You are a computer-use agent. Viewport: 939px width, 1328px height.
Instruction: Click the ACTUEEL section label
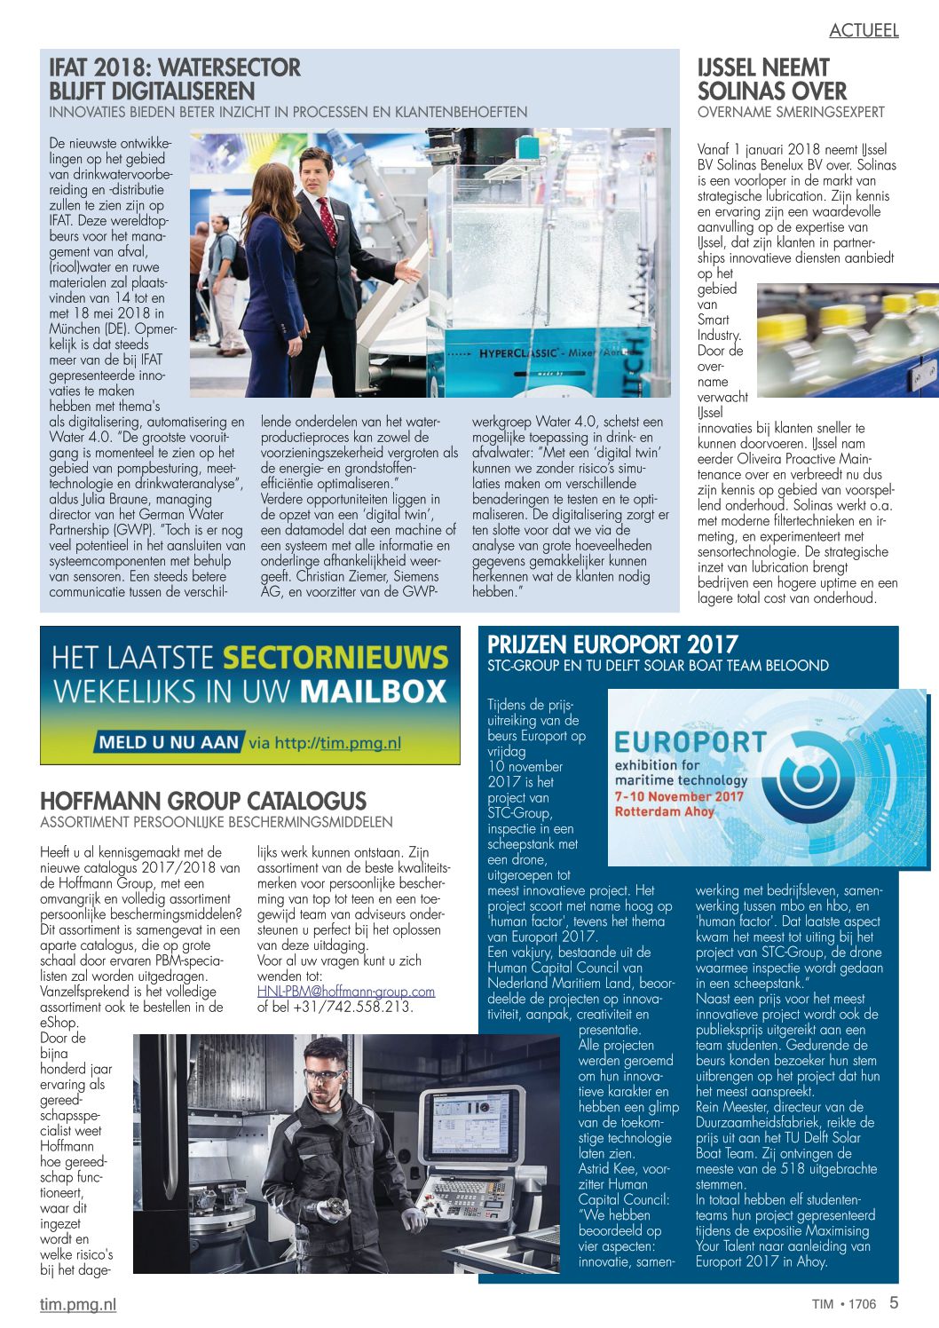(x=864, y=30)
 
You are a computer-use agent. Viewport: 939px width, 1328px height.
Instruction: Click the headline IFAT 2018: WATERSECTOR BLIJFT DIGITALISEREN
(x=175, y=79)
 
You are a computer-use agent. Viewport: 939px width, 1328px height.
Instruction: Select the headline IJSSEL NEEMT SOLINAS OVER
(x=772, y=79)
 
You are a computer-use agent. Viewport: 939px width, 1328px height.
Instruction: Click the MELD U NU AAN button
(x=169, y=742)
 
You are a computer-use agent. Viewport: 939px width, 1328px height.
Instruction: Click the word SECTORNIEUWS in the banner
(x=335, y=658)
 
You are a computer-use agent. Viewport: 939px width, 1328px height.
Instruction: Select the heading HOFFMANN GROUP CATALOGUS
(x=203, y=800)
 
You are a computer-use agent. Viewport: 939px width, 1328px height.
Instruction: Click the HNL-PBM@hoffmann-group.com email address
(x=346, y=991)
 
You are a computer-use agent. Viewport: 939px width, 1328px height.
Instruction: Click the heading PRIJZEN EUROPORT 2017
(x=612, y=644)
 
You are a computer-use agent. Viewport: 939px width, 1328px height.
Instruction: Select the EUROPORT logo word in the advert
(x=690, y=741)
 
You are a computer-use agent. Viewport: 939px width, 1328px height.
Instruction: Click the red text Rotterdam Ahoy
(x=664, y=811)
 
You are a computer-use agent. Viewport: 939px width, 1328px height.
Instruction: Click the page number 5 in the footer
(x=894, y=1302)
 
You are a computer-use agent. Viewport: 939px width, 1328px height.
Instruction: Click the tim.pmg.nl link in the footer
(x=78, y=1304)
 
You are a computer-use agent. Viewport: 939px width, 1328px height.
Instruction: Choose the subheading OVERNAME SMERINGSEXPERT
(x=791, y=112)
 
